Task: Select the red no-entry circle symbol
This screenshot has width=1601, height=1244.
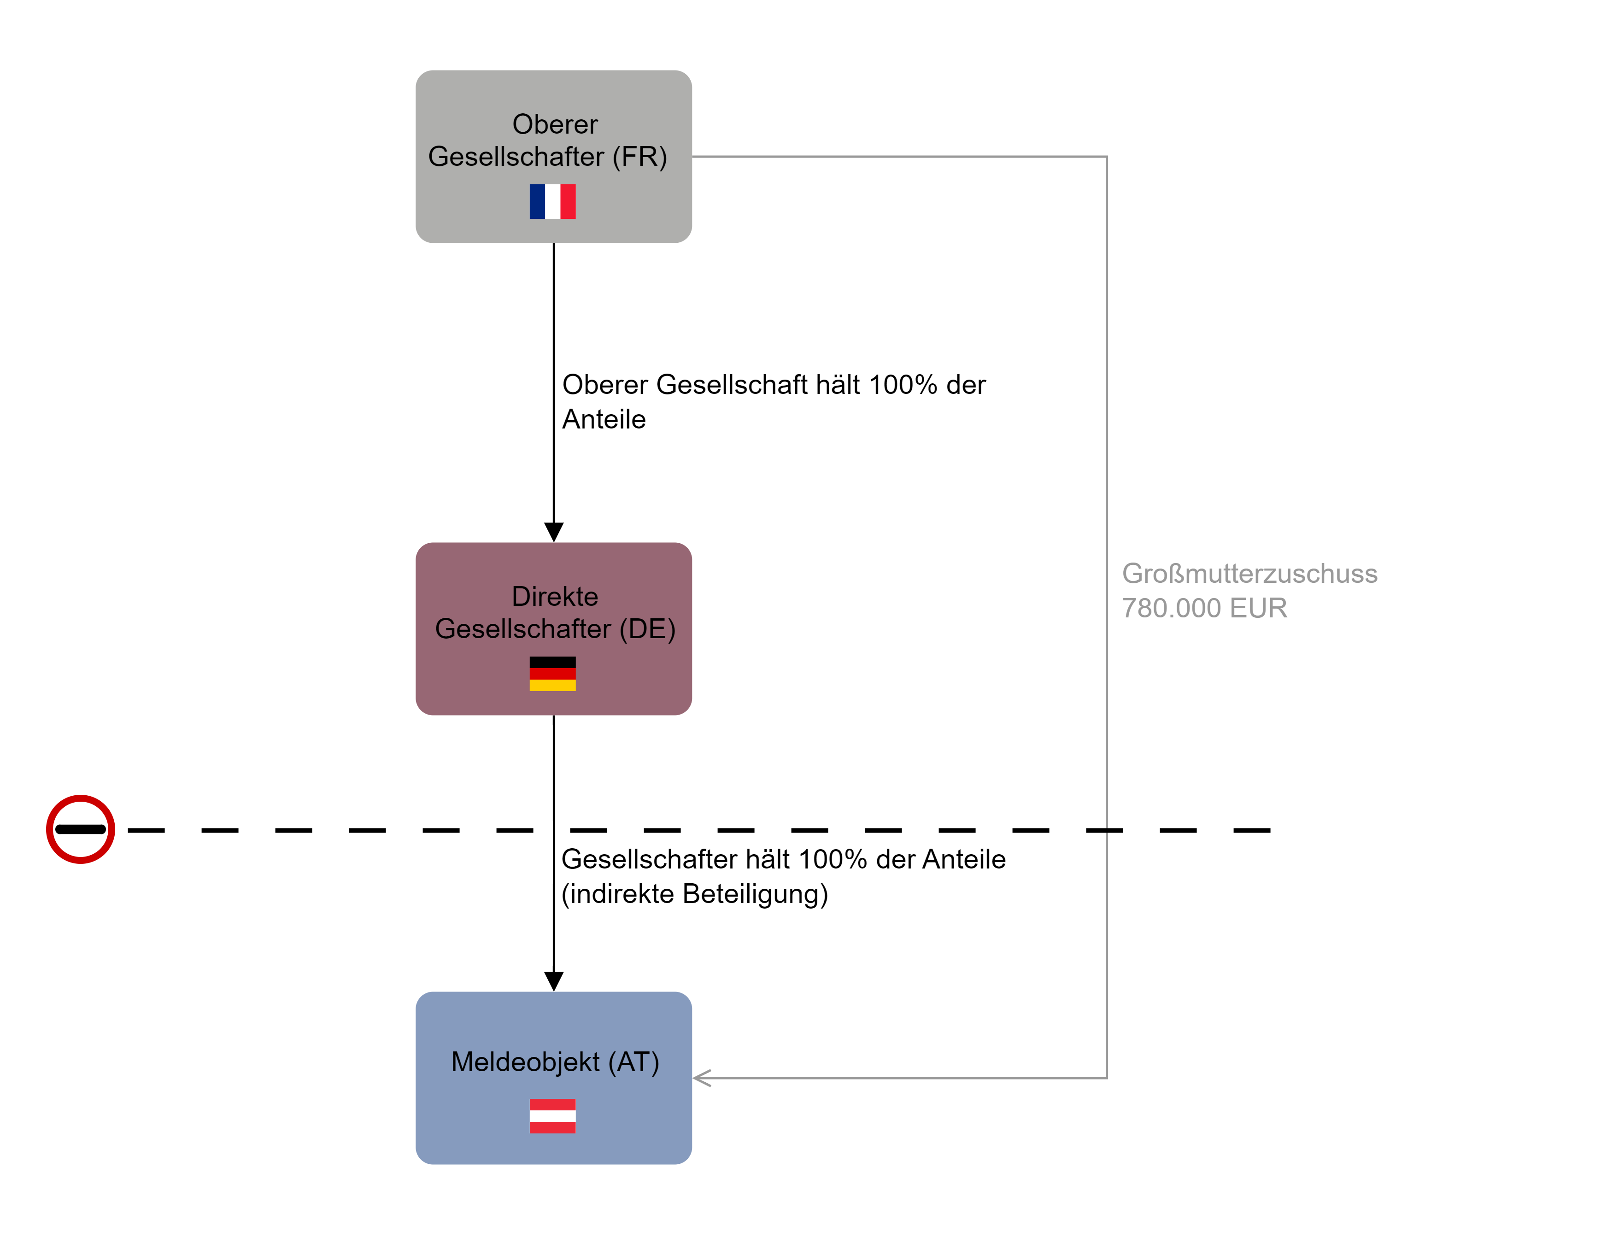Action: (81, 829)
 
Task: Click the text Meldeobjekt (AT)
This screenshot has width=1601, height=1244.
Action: (555, 1062)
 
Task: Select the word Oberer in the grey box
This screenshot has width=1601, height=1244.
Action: (555, 124)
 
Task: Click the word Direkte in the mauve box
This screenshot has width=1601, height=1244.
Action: (555, 596)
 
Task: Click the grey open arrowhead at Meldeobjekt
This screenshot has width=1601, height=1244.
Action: (702, 1078)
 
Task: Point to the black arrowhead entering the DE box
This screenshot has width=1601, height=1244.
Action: (553, 532)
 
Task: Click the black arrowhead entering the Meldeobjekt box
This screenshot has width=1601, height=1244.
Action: (553, 981)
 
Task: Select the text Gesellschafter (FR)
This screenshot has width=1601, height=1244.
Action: (548, 156)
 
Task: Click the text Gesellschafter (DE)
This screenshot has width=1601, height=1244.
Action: (555, 628)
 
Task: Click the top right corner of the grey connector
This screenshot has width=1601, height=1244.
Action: (1106, 157)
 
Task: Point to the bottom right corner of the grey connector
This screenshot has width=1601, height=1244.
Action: (1106, 1078)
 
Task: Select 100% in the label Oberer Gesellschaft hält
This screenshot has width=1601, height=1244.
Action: (903, 385)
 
